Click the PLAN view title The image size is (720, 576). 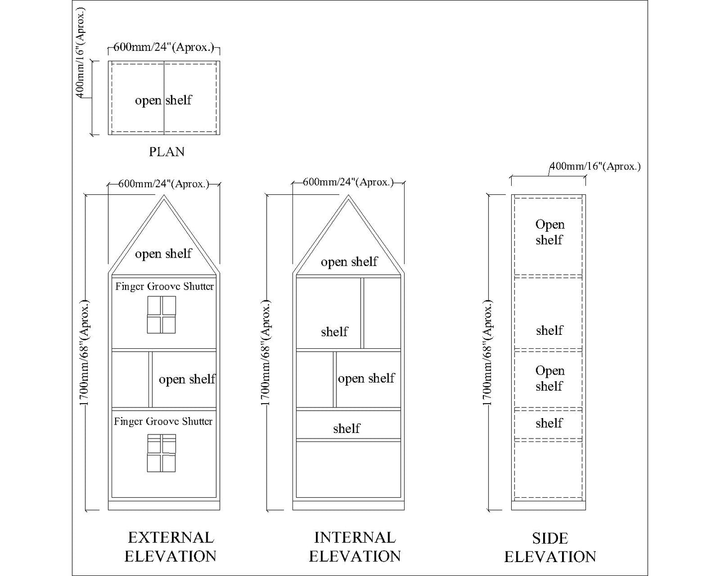166,151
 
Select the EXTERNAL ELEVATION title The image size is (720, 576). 170,547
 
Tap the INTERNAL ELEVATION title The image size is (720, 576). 355,547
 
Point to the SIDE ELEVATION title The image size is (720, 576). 550,547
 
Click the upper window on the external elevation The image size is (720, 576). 161,315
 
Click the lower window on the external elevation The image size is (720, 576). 161,453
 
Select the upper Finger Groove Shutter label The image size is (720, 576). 164,287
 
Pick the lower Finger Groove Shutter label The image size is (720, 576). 163,422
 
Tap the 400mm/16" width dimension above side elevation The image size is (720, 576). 595,166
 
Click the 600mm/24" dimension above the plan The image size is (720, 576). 164,47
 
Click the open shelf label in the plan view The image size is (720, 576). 163,100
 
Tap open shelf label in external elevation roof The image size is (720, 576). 163,254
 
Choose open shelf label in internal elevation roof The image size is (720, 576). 349,262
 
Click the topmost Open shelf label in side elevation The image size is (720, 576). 550,232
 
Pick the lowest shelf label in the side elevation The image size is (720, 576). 549,424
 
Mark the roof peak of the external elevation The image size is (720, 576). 164,196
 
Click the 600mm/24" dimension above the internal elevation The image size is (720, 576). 348,182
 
